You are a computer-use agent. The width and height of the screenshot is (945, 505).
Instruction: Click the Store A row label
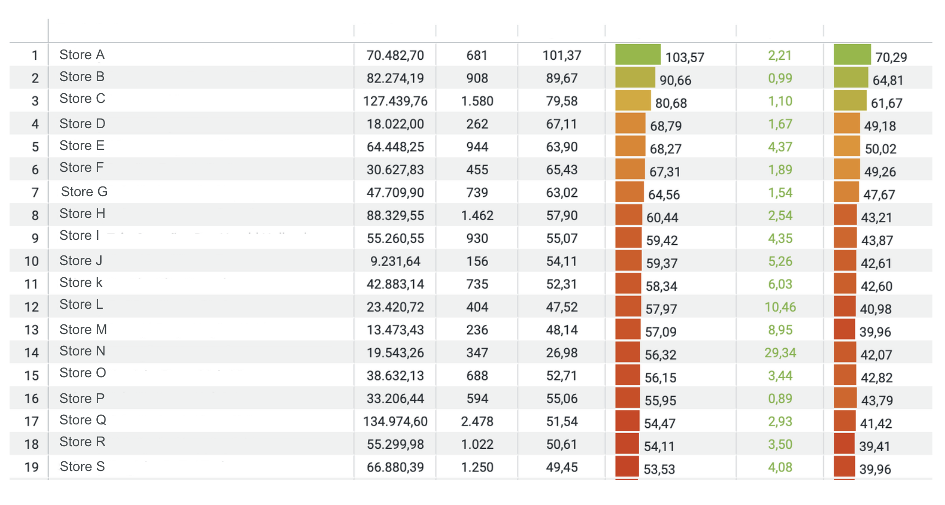click(x=82, y=55)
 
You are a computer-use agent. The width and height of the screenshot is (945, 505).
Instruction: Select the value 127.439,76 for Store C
click(x=395, y=101)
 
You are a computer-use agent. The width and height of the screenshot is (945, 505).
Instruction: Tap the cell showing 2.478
click(x=477, y=421)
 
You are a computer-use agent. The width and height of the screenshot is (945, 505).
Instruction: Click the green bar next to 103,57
click(x=637, y=55)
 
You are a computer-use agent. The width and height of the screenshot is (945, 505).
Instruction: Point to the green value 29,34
click(x=780, y=353)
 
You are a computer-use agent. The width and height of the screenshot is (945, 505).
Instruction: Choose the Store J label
click(x=81, y=261)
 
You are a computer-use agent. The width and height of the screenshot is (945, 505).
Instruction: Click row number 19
click(x=32, y=467)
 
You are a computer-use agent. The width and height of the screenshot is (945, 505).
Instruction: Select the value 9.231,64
click(x=395, y=261)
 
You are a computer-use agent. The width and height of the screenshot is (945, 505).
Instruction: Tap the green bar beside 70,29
click(x=852, y=55)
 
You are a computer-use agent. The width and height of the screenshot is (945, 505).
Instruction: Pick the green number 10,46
click(x=780, y=307)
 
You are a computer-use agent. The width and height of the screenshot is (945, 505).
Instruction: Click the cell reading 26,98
click(x=561, y=353)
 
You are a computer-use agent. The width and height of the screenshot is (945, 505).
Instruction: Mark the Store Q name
click(x=83, y=420)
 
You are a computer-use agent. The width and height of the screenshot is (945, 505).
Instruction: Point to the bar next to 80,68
click(x=632, y=101)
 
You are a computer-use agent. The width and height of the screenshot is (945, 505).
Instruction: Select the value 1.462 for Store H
click(x=477, y=216)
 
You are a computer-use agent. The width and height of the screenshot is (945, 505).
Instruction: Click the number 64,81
click(x=888, y=80)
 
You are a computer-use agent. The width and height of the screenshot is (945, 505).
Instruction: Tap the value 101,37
click(x=561, y=55)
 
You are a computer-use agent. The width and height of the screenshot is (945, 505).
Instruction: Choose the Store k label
click(x=81, y=283)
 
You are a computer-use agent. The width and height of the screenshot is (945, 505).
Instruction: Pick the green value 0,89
click(x=780, y=399)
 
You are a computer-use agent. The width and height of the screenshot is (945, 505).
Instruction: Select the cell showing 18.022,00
click(x=395, y=124)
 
